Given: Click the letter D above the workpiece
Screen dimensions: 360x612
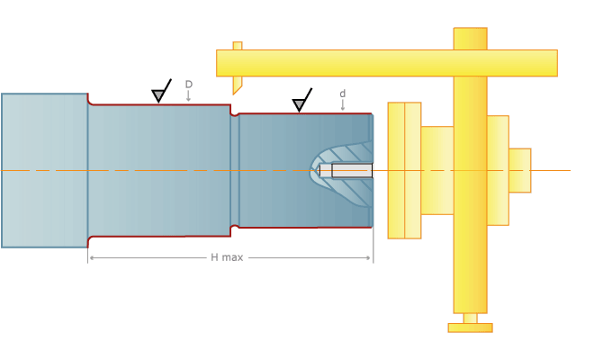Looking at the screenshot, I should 188,85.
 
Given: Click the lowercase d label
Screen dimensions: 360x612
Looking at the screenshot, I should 342,94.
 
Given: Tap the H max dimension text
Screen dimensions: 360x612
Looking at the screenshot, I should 227,257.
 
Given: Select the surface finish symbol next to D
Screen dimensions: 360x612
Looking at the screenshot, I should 160,93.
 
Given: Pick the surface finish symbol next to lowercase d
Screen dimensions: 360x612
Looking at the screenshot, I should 301,103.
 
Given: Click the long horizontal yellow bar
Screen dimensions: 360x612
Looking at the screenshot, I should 386,63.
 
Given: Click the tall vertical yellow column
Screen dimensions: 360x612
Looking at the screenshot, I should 470,170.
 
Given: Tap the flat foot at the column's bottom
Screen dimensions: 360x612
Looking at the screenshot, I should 470,328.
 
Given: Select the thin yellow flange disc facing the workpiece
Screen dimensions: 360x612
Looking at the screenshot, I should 396,170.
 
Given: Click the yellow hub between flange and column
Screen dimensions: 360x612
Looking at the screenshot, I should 436,170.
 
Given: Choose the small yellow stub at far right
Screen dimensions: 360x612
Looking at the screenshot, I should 519,170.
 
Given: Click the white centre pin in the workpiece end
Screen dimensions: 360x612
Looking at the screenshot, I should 351,170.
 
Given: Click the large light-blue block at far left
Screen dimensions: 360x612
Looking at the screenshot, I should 44,170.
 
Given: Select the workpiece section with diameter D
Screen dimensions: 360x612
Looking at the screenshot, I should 158,170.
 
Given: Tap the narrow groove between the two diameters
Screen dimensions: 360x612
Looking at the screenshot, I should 235,170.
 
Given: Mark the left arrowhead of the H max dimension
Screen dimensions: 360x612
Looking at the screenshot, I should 90,257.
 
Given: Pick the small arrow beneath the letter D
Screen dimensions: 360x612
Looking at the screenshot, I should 188,96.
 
